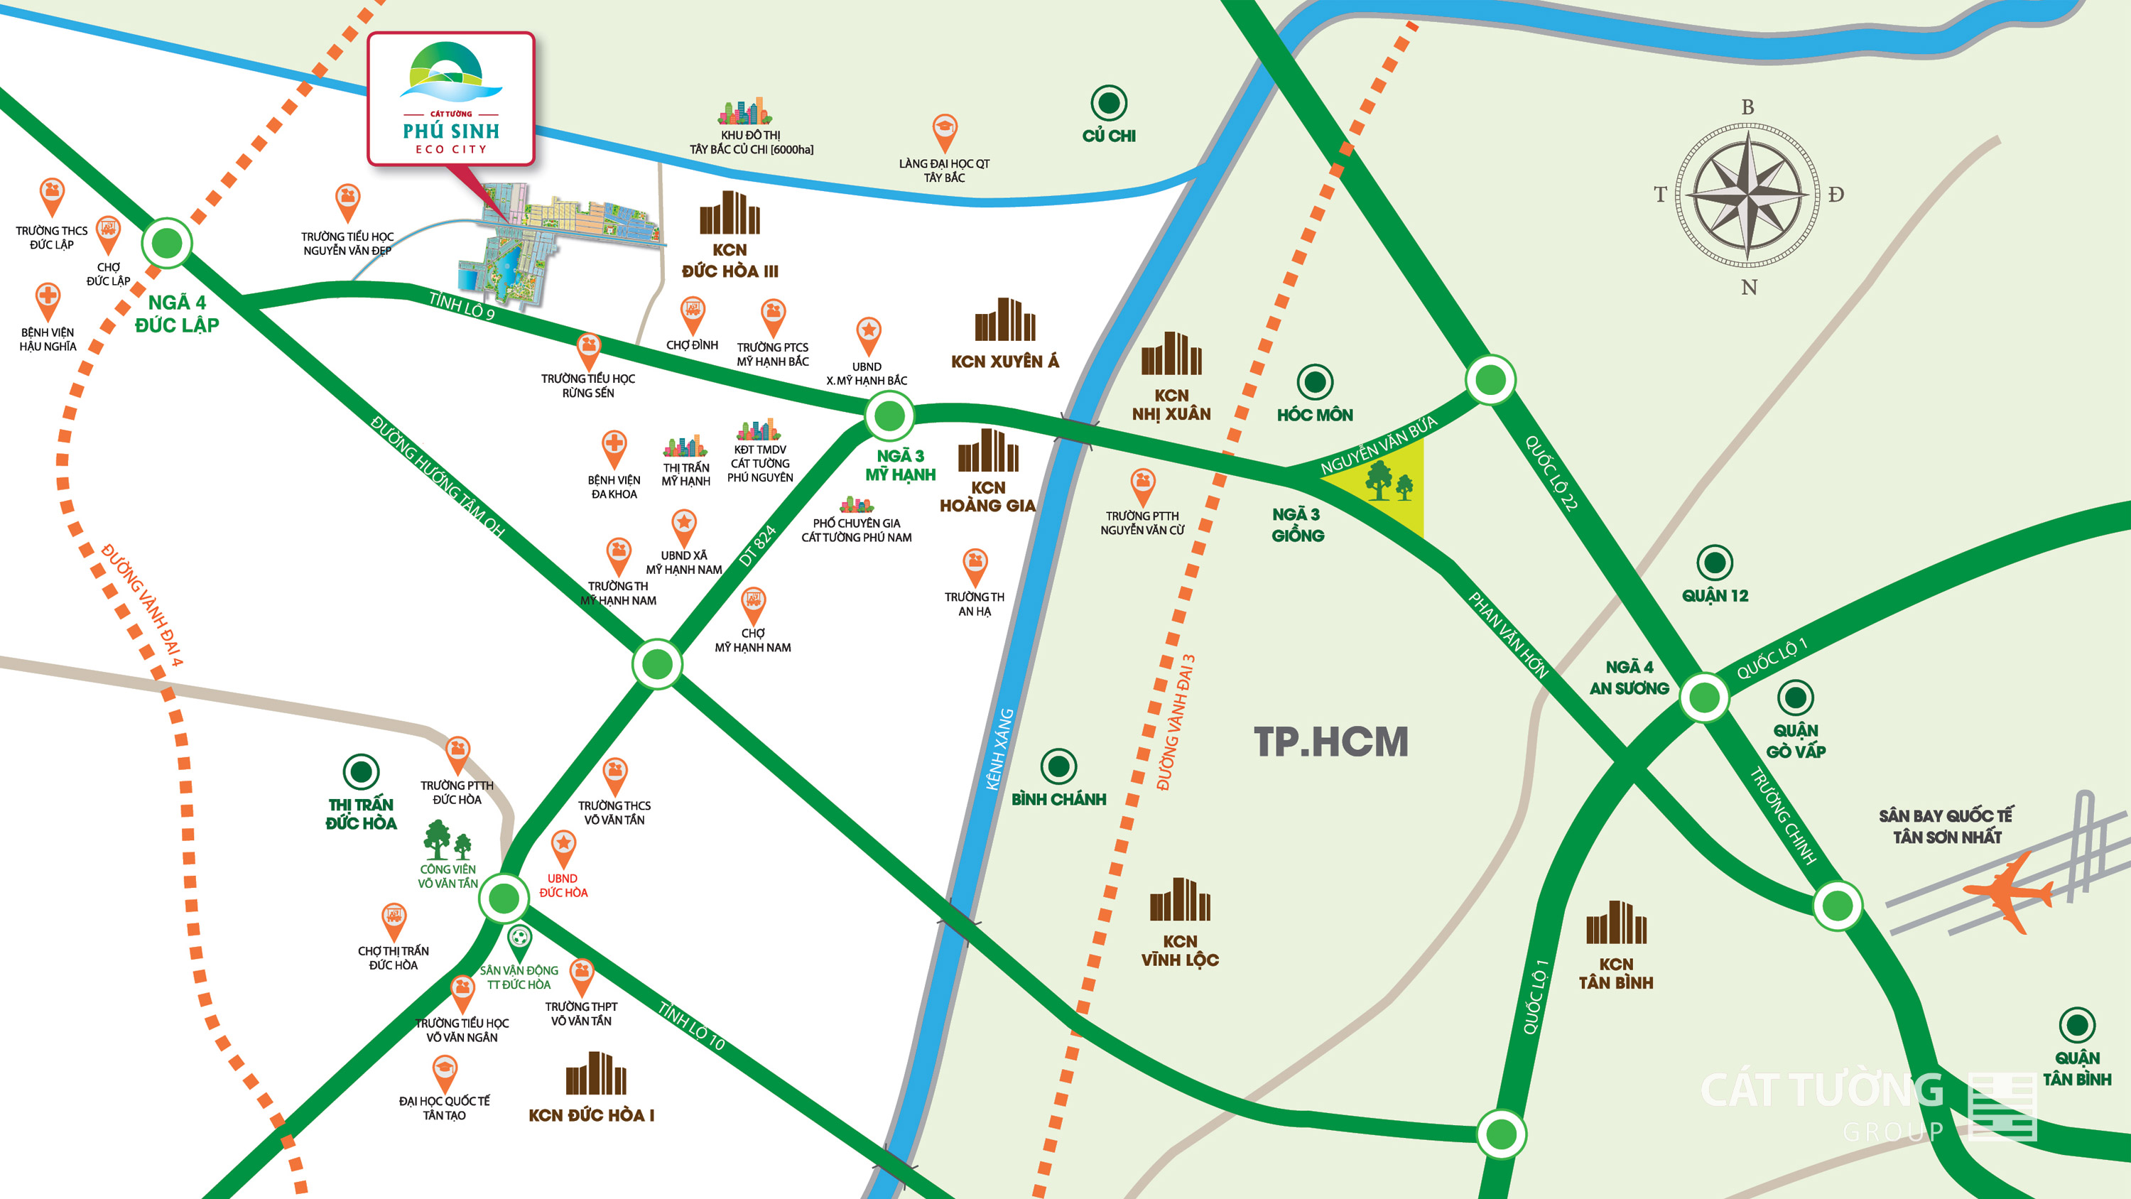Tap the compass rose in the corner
point(1747,196)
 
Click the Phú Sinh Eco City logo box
point(451,99)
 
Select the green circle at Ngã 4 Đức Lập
point(167,243)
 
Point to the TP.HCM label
point(1330,742)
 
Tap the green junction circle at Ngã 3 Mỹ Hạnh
point(889,416)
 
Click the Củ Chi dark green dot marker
point(1109,104)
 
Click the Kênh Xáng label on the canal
point(999,749)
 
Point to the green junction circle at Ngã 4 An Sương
point(1704,698)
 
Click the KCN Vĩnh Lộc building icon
point(1180,900)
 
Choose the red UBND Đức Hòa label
point(563,885)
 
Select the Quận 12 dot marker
point(1714,563)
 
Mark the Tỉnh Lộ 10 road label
point(692,1026)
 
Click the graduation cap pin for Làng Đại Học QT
point(945,131)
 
